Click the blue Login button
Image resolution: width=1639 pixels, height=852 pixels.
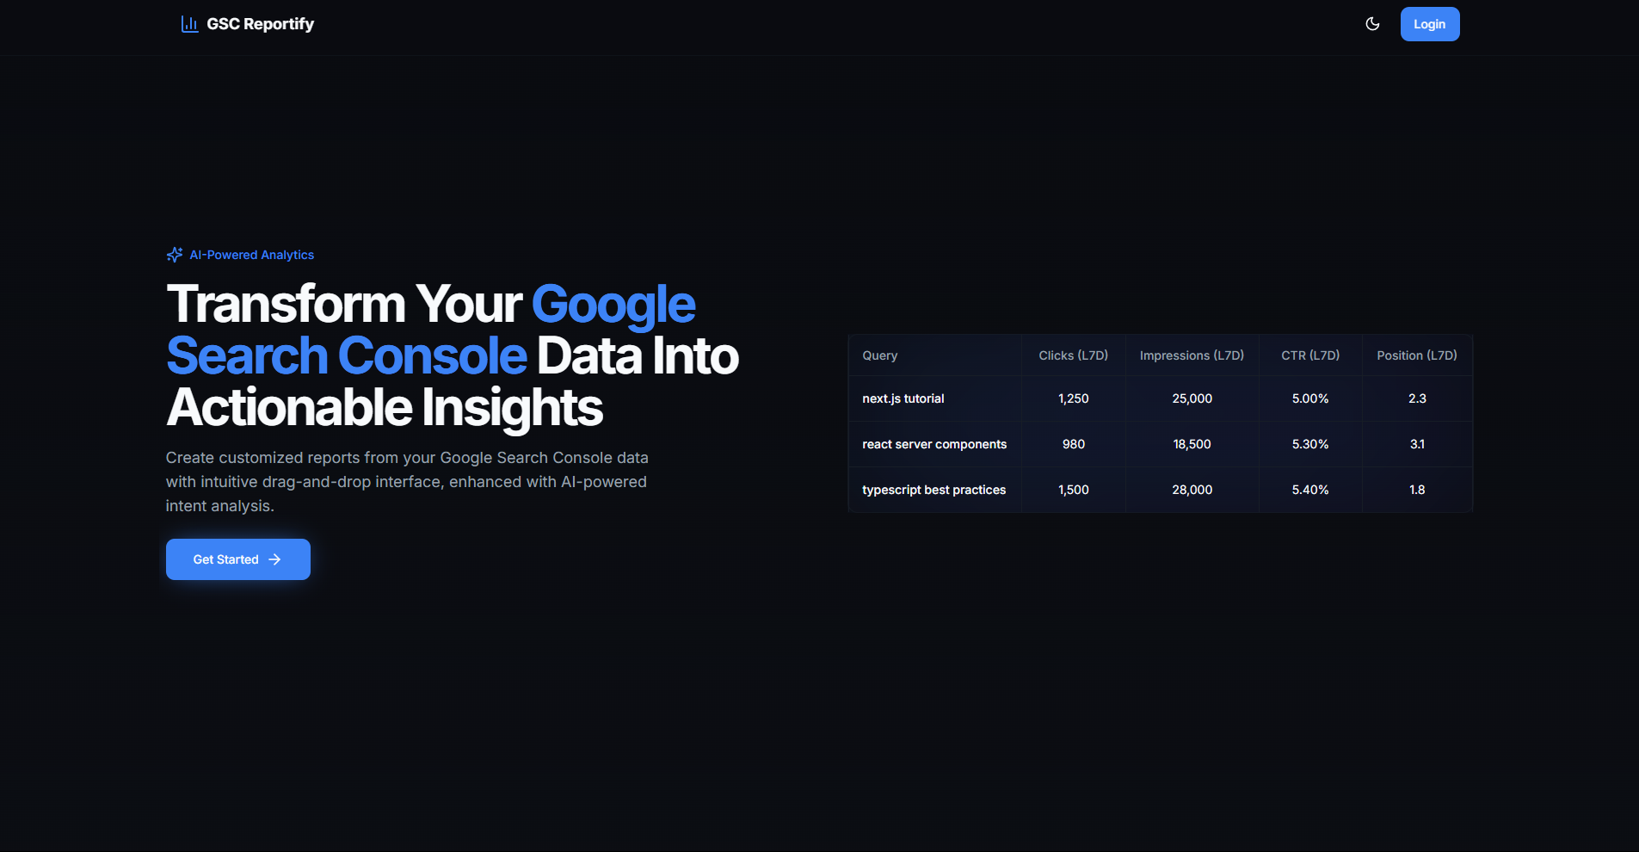pyautogui.click(x=1430, y=24)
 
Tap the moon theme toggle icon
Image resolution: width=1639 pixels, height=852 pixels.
pyautogui.click(x=1372, y=24)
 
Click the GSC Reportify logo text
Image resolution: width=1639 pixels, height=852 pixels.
pyautogui.click(x=260, y=24)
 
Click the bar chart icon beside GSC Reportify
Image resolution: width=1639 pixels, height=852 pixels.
pyautogui.click(x=189, y=24)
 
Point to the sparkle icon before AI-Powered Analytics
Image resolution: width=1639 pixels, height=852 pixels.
pyautogui.click(x=175, y=255)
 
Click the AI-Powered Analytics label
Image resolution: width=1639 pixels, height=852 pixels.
pyautogui.click(x=252, y=255)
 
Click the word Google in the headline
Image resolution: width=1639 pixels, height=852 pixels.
pyautogui.click(x=613, y=306)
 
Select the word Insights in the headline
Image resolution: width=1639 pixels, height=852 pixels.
pyautogui.click(x=513, y=408)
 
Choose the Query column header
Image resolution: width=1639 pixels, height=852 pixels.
pyautogui.click(x=880, y=355)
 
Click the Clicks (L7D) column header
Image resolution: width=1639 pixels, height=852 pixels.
pyautogui.click(x=1074, y=355)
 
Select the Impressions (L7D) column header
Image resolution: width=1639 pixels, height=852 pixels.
pyautogui.click(x=1192, y=355)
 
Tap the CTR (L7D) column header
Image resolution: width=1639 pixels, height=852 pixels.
pyautogui.click(x=1310, y=355)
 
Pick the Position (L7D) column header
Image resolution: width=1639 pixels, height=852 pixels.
pyautogui.click(x=1417, y=355)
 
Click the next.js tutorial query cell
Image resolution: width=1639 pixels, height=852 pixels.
pyautogui.click(x=903, y=398)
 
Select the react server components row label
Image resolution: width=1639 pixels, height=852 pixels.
pyautogui.click(x=934, y=444)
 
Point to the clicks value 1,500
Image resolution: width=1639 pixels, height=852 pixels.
pyautogui.click(x=1074, y=490)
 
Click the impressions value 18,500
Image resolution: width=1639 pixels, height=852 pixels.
pyautogui.click(x=1192, y=444)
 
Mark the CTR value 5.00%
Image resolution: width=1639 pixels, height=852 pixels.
pyautogui.click(x=1310, y=398)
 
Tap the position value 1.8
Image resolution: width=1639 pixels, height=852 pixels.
pyautogui.click(x=1417, y=490)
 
